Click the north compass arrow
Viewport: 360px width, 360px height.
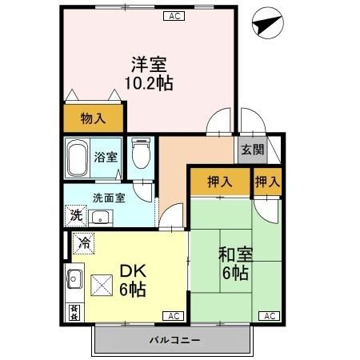click(x=265, y=25)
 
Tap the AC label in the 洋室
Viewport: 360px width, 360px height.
click(x=174, y=16)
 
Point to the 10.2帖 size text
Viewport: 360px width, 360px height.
click(x=148, y=82)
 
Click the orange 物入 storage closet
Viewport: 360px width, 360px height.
click(x=93, y=119)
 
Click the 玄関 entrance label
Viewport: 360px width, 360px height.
click(x=249, y=150)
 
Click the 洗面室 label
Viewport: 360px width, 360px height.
click(x=108, y=198)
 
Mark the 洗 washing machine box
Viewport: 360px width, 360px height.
click(x=75, y=214)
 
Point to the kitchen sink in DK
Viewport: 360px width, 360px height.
click(x=73, y=280)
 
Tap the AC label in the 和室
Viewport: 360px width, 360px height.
click(x=270, y=316)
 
